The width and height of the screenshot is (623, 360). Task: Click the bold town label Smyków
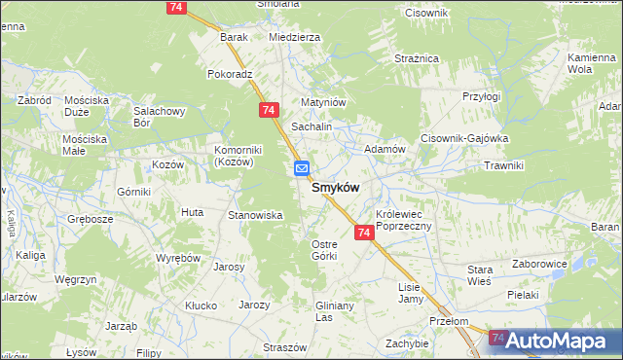(336, 187)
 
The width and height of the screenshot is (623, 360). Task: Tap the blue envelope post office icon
(302, 168)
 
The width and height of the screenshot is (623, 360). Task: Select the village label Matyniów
(323, 101)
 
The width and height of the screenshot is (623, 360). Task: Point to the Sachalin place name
(312, 127)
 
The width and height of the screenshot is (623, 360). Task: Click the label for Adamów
(384, 149)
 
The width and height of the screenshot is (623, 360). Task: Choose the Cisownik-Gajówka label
(464, 138)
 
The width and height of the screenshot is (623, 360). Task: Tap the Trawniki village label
(503, 165)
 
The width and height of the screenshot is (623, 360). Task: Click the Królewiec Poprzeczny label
(410, 219)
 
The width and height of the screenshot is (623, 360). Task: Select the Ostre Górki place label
(323, 249)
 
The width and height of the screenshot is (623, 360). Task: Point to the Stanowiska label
(254, 214)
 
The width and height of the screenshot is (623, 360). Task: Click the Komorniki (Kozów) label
(234, 156)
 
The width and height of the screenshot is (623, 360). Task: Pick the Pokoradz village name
(230, 73)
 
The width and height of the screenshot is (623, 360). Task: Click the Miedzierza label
(294, 37)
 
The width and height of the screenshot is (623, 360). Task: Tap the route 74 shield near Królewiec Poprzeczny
(364, 233)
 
